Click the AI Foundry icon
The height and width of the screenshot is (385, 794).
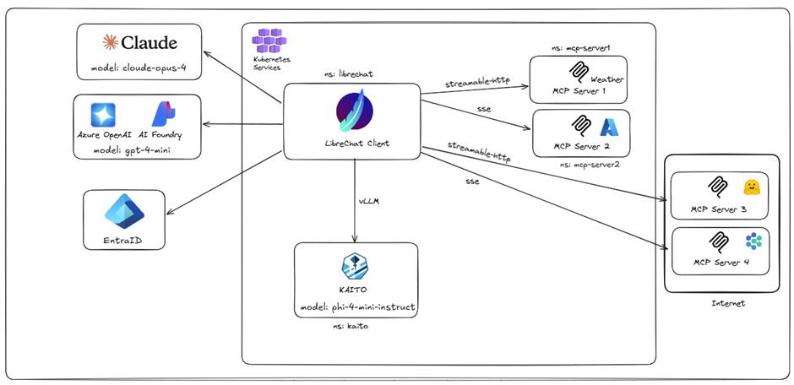coord(163,113)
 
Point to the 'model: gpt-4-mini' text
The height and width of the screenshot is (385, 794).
coord(138,149)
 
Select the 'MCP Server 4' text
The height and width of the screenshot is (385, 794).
coord(720,262)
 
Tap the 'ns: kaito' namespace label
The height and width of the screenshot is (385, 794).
coord(352,326)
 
